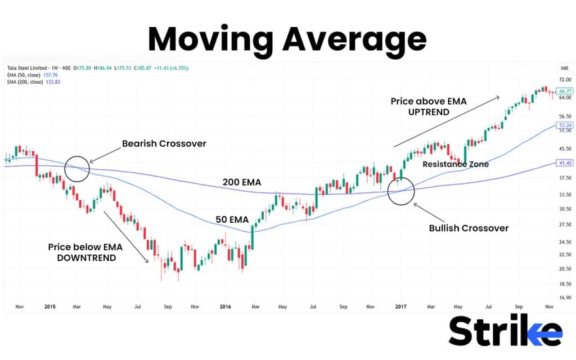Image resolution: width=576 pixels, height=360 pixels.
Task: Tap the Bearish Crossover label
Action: point(164,143)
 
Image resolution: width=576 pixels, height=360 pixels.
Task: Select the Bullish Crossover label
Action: point(469,228)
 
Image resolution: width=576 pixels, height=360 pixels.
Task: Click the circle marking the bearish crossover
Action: point(77,168)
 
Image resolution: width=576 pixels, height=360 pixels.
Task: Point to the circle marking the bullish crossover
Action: point(401,190)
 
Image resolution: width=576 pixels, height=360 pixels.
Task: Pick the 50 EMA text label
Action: point(229,220)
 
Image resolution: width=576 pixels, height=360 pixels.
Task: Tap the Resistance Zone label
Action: point(456,164)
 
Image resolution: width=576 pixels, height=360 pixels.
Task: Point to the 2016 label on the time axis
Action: point(224,307)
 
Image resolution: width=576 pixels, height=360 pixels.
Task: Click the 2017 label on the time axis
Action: point(400,307)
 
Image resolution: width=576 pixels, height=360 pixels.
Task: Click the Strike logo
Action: point(505,332)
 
